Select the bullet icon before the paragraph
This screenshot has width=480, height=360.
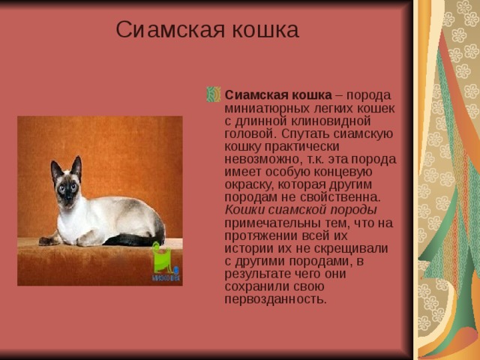(x=213, y=95)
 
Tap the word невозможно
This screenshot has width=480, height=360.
(x=259, y=159)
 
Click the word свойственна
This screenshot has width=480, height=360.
(x=342, y=197)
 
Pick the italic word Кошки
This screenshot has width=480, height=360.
(x=244, y=210)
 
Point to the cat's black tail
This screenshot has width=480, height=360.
(x=135, y=239)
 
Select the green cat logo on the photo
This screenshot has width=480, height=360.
(x=161, y=259)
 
